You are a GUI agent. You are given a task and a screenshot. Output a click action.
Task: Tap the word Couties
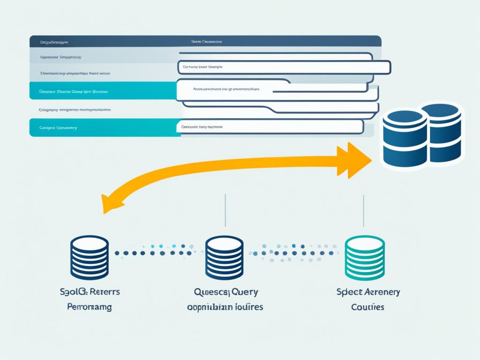pos(367,307)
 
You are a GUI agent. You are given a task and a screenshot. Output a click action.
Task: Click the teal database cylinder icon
pos(364,257)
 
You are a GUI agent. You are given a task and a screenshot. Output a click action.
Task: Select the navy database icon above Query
pos(224,257)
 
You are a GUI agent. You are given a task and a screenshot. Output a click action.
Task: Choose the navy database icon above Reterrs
pos(89,257)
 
